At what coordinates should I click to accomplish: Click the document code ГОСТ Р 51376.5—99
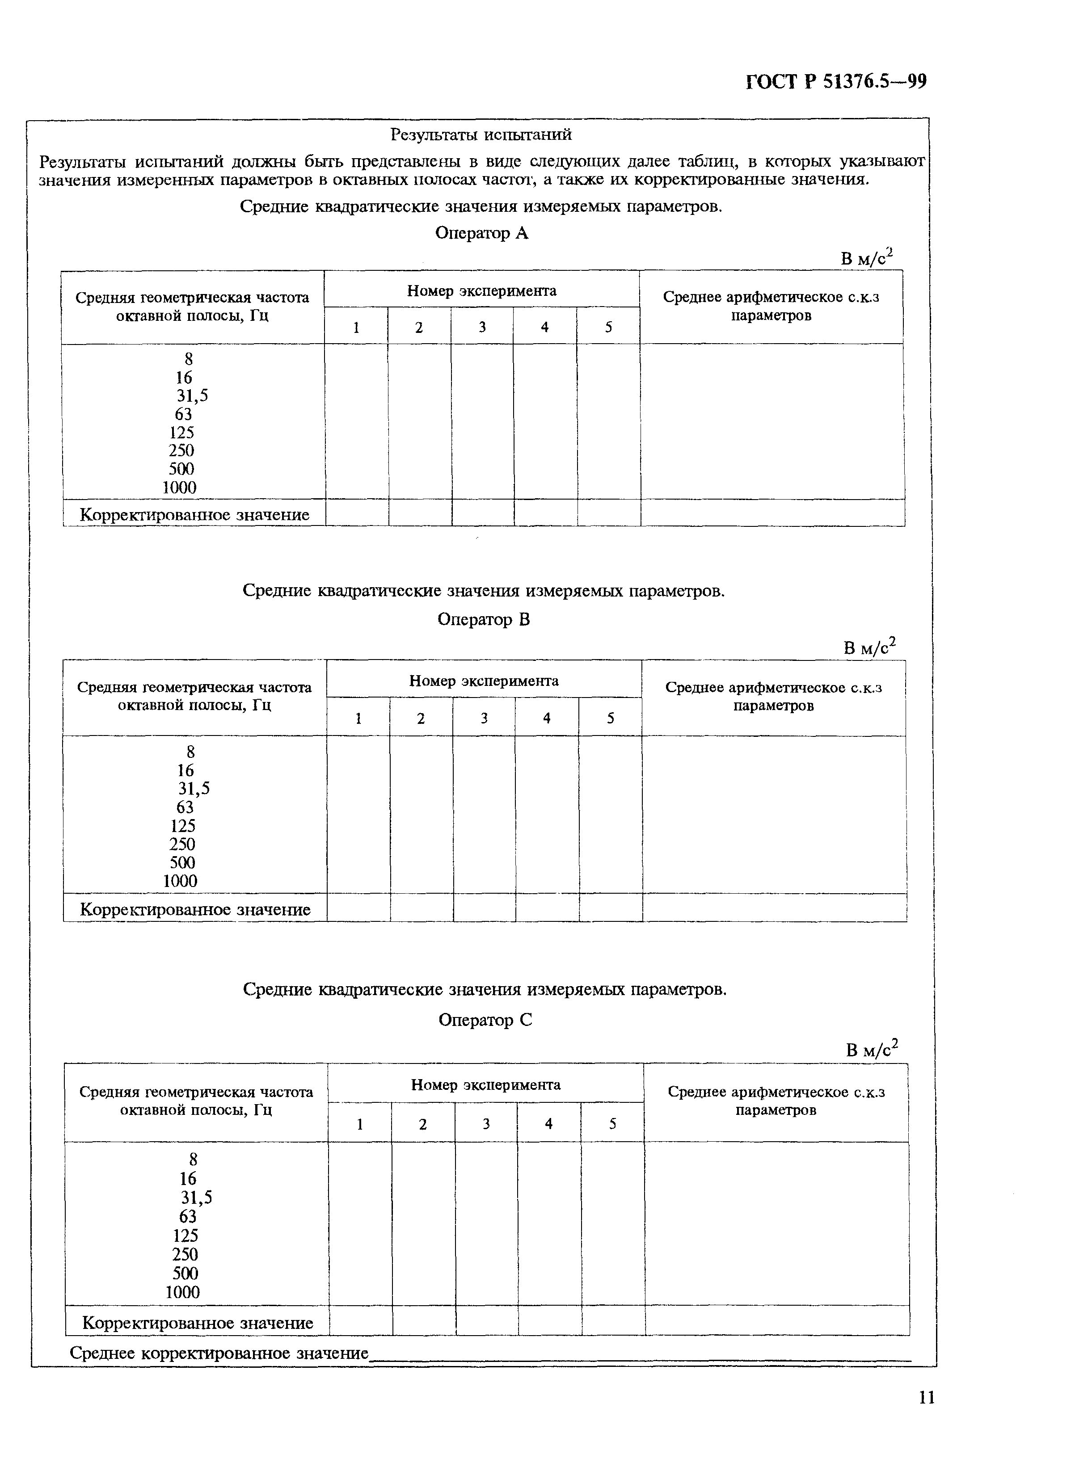click(x=835, y=82)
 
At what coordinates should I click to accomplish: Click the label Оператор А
click(x=481, y=233)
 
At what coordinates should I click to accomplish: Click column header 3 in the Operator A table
click(x=482, y=327)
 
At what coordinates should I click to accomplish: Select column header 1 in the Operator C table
click(x=360, y=1124)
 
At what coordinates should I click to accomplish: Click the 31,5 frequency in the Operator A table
click(x=192, y=395)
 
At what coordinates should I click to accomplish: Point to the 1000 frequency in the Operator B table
click(x=180, y=881)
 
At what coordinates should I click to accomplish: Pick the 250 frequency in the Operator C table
click(x=185, y=1254)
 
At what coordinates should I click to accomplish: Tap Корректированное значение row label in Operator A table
click(x=194, y=515)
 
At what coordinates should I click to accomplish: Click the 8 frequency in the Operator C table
click(x=193, y=1160)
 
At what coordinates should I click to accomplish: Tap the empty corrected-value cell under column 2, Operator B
click(x=422, y=908)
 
